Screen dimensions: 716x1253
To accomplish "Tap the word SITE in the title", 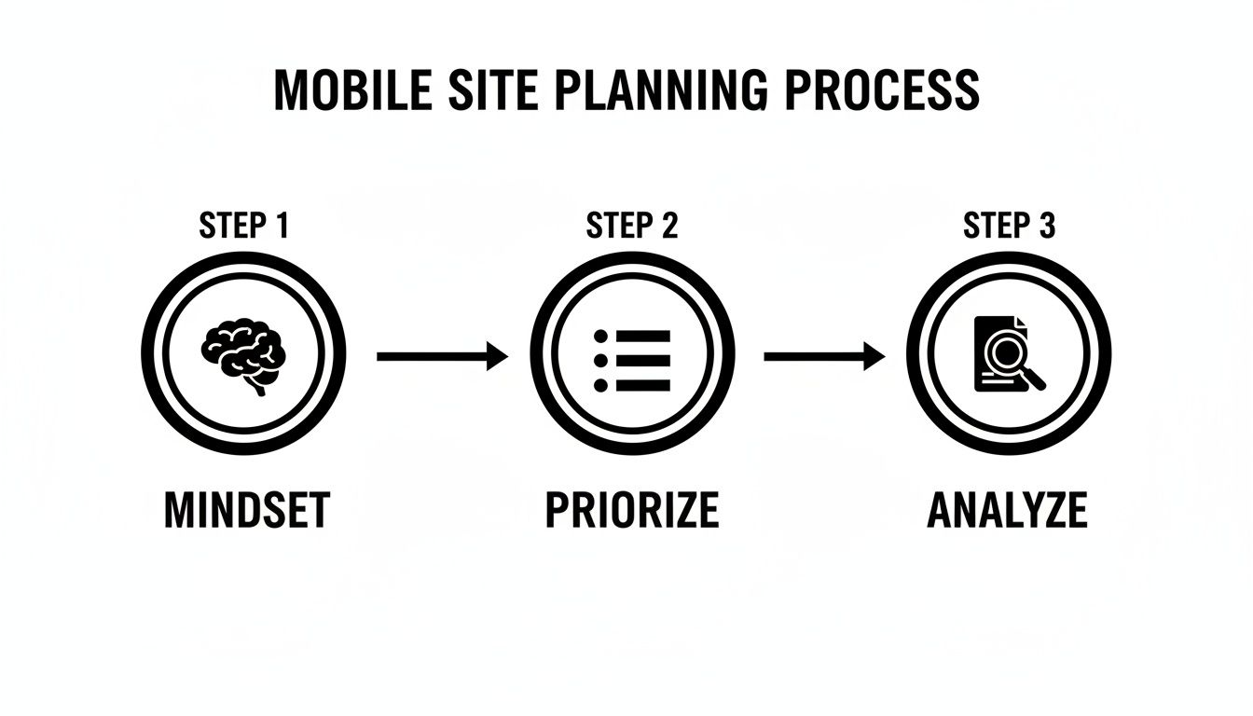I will (x=495, y=90).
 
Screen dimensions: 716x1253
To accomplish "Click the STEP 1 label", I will (x=244, y=227).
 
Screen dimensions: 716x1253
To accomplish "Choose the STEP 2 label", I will (x=632, y=227).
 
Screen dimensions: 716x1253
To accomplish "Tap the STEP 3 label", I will (x=1010, y=227).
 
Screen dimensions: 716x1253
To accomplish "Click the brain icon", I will (x=243, y=355).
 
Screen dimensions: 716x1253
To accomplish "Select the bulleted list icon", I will (x=632, y=359).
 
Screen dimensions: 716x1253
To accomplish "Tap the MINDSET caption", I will (x=246, y=511).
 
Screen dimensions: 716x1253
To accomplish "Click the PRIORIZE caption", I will (x=632, y=511).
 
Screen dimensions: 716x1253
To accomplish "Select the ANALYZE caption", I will (x=1008, y=511).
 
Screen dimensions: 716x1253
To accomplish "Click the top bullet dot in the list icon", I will (x=600, y=336).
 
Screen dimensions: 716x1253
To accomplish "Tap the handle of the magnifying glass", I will (x=1035, y=379).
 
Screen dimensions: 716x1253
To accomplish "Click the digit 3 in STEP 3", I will (x=1047, y=227).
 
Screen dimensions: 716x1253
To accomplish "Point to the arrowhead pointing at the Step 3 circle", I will (x=874, y=356).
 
